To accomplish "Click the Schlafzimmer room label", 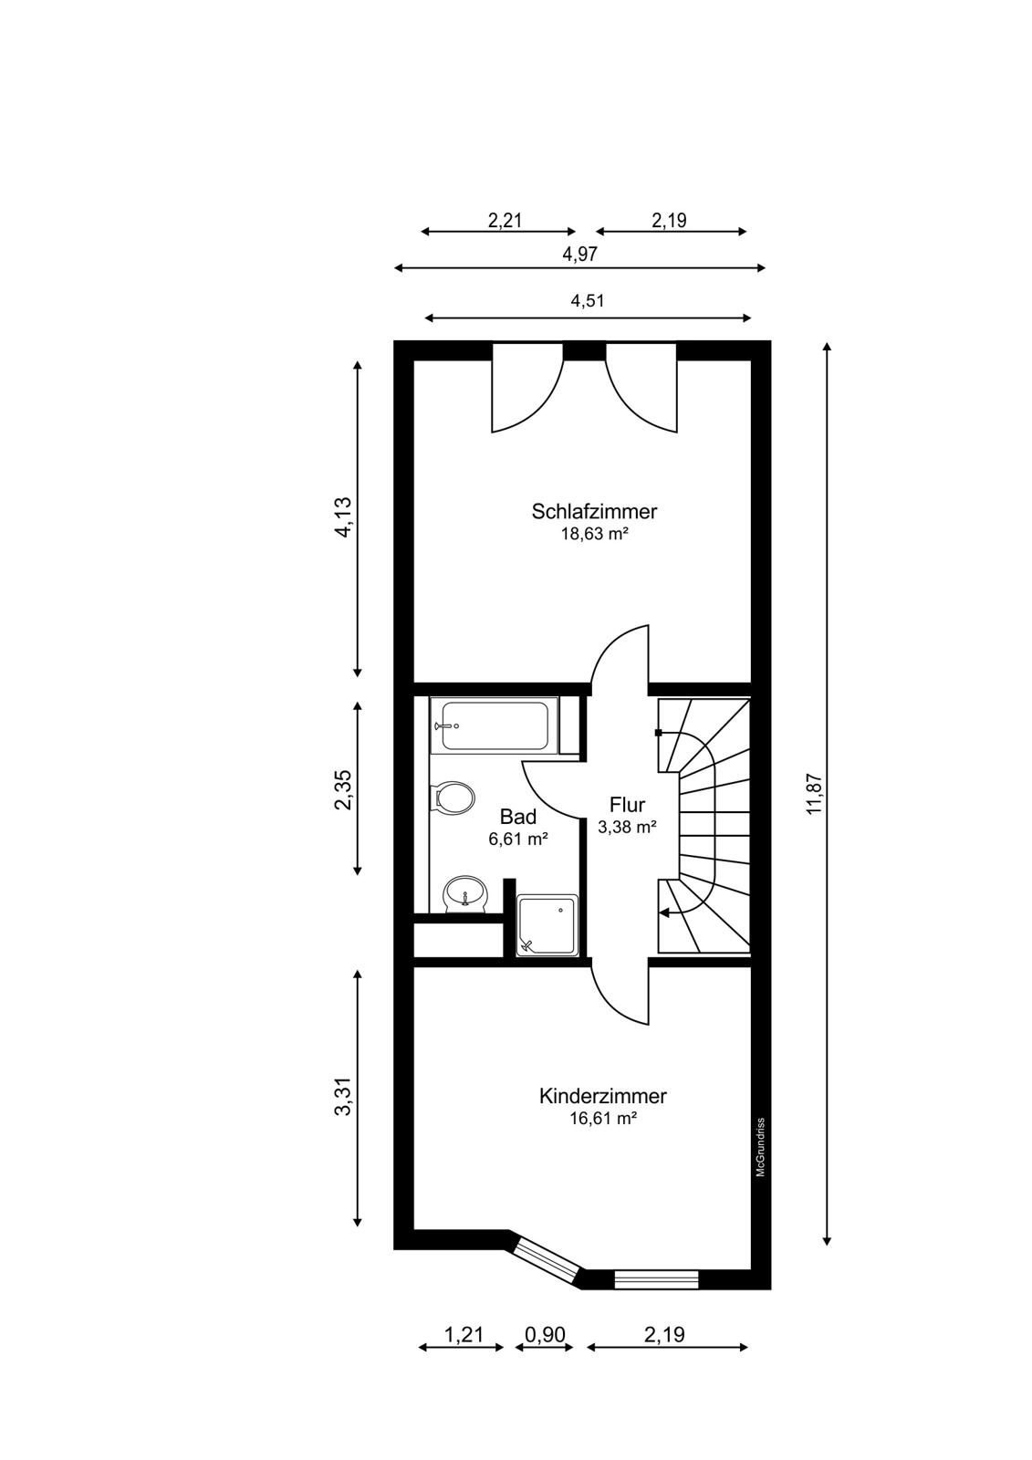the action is (594, 511).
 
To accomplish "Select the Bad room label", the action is (518, 816).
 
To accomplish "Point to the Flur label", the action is (627, 804).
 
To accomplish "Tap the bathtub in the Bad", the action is (495, 725).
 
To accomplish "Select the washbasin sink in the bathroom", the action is (464, 893).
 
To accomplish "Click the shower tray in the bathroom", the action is (547, 925).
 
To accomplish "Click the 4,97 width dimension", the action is (579, 254).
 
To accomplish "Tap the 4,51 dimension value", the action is (588, 300).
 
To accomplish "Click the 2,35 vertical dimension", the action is (343, 789).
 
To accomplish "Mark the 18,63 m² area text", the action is (594, 535).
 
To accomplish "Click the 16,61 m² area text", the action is (602, 1119).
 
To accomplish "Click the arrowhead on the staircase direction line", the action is (664, 913).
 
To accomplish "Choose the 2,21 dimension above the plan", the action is (506, 220).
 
